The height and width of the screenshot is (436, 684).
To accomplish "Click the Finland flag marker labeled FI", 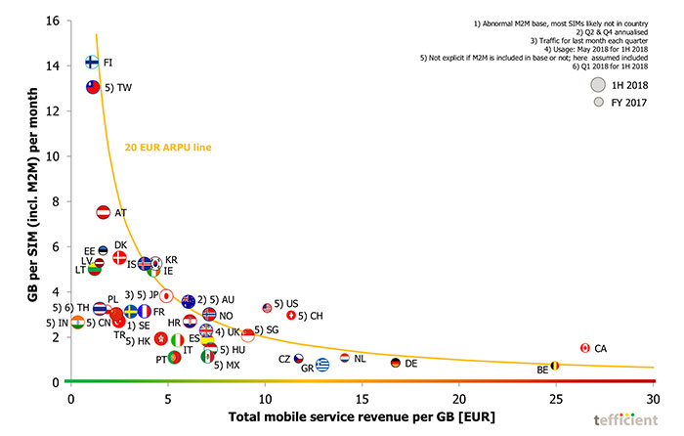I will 92,62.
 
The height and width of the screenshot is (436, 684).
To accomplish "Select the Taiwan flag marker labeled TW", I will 94,87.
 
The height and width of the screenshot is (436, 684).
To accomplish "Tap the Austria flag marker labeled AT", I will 103,212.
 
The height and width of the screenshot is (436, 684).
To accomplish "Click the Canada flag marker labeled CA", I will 584,348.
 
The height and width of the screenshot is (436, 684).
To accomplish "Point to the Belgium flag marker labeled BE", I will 555,366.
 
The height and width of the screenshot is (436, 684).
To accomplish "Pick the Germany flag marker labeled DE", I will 395,363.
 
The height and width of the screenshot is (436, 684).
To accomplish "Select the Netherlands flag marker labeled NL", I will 345,359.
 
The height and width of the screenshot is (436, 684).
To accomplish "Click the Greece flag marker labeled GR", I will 321,365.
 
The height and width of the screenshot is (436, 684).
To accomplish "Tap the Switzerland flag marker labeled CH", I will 290,315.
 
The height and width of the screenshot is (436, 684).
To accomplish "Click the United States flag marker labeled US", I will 267,308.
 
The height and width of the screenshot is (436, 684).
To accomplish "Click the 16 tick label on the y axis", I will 51,21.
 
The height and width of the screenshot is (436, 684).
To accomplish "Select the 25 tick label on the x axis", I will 556,400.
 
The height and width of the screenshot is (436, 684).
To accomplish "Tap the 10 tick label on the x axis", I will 265,400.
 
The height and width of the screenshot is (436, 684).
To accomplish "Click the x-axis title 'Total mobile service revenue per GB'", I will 363,418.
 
